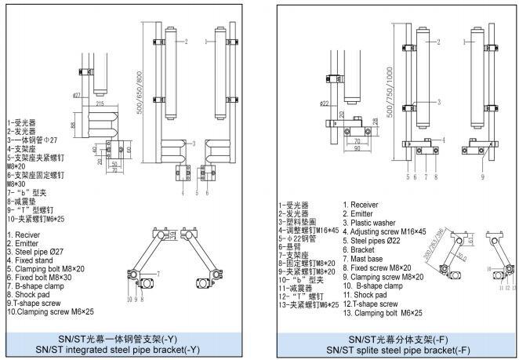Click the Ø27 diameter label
point(78,95)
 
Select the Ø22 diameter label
point(324,103)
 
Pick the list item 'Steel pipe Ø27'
point(36,252)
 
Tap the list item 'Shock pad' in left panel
point(31,294)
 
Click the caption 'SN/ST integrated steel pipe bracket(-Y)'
point(129,349)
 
